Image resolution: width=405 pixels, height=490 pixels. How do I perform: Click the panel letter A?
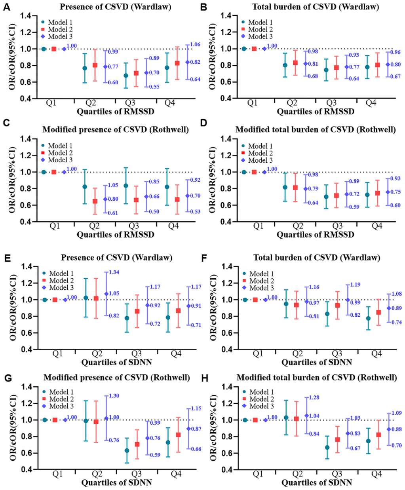coord(7,7)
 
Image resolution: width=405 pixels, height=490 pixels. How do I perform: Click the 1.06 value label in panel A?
coord(195,44)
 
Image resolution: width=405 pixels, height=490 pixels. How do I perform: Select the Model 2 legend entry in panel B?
coord(257,29)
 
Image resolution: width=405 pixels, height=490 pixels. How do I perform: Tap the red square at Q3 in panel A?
coord(136,73)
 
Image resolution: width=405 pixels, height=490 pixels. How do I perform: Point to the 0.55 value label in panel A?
coord(154,87)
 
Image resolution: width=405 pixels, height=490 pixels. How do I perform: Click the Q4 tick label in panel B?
coord(371,103)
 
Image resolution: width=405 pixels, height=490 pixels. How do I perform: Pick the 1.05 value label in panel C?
coord(113,185)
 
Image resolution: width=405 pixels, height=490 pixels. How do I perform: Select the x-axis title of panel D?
coord(315,234)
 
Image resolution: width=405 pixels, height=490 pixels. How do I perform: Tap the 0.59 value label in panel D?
coord(354,207)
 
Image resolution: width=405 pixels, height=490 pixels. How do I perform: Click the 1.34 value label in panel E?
coord(114,272)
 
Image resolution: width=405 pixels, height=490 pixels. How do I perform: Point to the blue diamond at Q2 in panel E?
coord(106,294)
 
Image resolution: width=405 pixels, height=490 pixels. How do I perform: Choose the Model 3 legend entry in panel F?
coord(258,288)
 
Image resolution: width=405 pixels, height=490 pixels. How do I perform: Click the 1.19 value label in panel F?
coord(355,285)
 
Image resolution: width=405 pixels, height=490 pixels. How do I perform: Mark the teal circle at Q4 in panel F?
coord(368,318)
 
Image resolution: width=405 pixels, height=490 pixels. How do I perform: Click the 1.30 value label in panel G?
coord(114,396)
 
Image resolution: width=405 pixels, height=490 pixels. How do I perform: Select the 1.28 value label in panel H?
coord(314,397)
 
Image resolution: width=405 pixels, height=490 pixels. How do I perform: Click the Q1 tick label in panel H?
coord(258,474)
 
